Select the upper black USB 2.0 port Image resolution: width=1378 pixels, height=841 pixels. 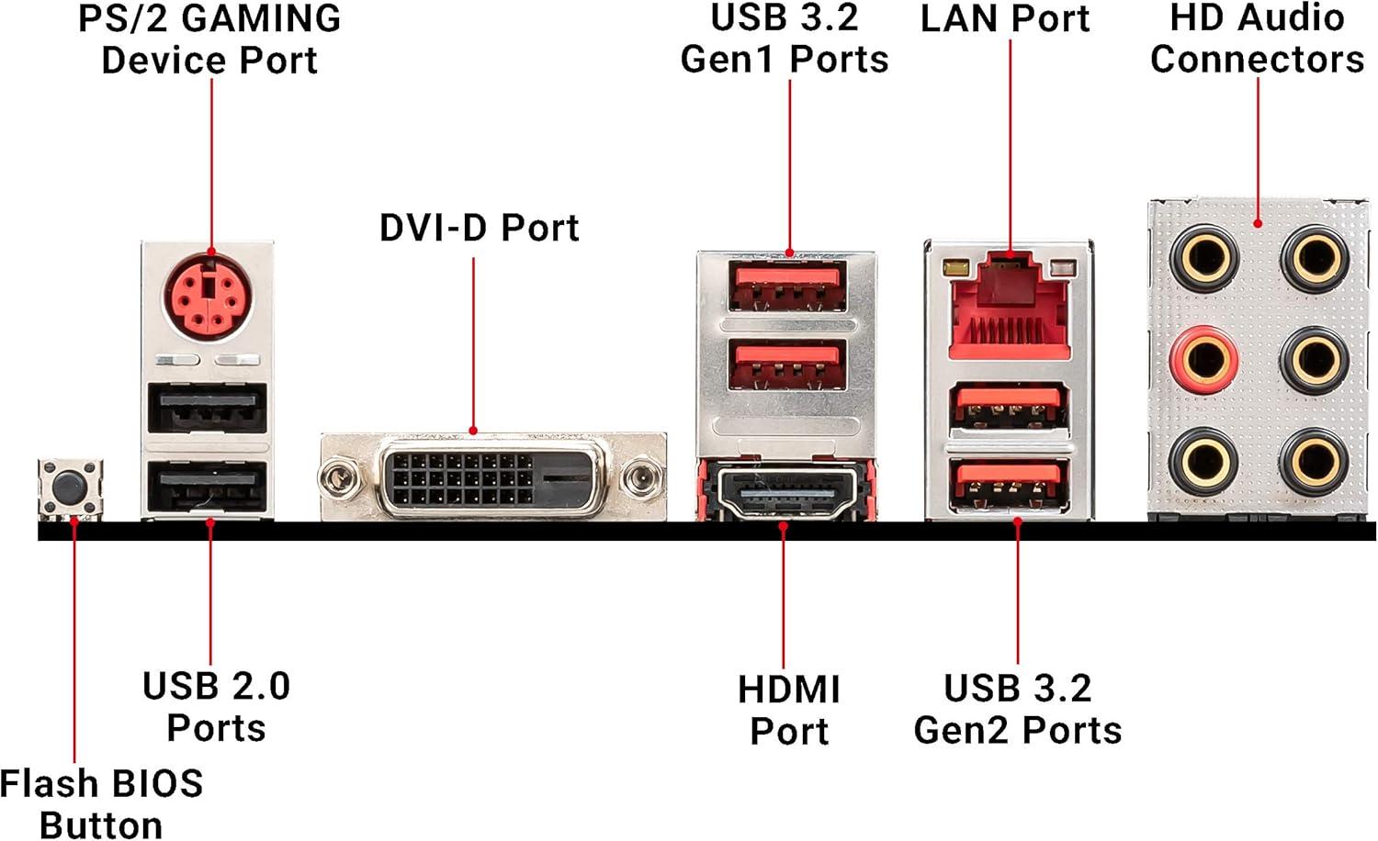(208, 407)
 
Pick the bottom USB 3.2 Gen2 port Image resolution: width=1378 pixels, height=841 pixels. (1009, 483)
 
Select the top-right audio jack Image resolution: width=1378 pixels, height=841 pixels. (1314, 256)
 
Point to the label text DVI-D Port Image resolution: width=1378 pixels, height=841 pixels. (479, 228)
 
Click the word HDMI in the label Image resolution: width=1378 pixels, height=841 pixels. (788, 690)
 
